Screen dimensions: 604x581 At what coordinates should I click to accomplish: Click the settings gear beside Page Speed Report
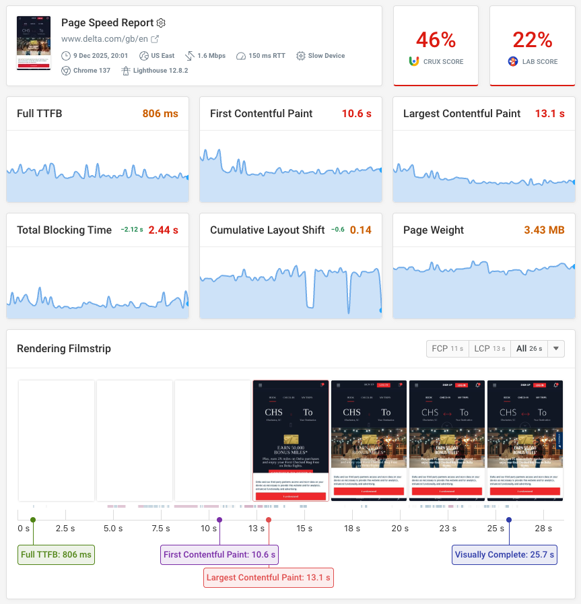click(161, 23)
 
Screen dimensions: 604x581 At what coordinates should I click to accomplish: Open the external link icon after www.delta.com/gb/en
click(155, 39)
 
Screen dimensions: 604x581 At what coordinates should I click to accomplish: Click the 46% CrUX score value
click(436, 40)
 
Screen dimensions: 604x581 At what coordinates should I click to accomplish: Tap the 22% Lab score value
click(533, 40)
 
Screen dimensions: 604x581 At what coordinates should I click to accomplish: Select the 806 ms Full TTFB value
click(160, 114)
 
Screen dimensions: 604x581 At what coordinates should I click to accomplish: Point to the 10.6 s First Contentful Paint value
click(356, 114)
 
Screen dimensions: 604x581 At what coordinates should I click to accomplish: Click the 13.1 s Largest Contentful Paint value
click(549, 114)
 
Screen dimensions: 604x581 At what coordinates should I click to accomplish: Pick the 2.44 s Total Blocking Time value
click(163, 230)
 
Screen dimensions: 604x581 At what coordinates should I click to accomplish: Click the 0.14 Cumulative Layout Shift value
click(360, 230)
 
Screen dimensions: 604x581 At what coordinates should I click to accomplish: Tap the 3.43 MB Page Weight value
click(545, 230)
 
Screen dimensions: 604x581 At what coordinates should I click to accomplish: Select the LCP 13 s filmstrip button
click(489, 349)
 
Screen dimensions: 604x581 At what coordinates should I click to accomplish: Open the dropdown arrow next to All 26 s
click(555, 349)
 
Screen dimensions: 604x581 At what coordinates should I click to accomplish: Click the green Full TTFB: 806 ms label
click(57, 555)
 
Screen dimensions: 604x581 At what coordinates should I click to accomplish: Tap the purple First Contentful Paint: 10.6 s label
click(219, 555)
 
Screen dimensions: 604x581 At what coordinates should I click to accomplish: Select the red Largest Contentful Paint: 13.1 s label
click(269, 577)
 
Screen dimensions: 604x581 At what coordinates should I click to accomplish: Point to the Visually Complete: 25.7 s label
click(504, 555)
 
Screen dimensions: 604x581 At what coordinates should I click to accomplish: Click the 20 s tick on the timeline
click(400, 529)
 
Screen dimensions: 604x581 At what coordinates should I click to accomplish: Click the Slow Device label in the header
click(326, 55)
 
